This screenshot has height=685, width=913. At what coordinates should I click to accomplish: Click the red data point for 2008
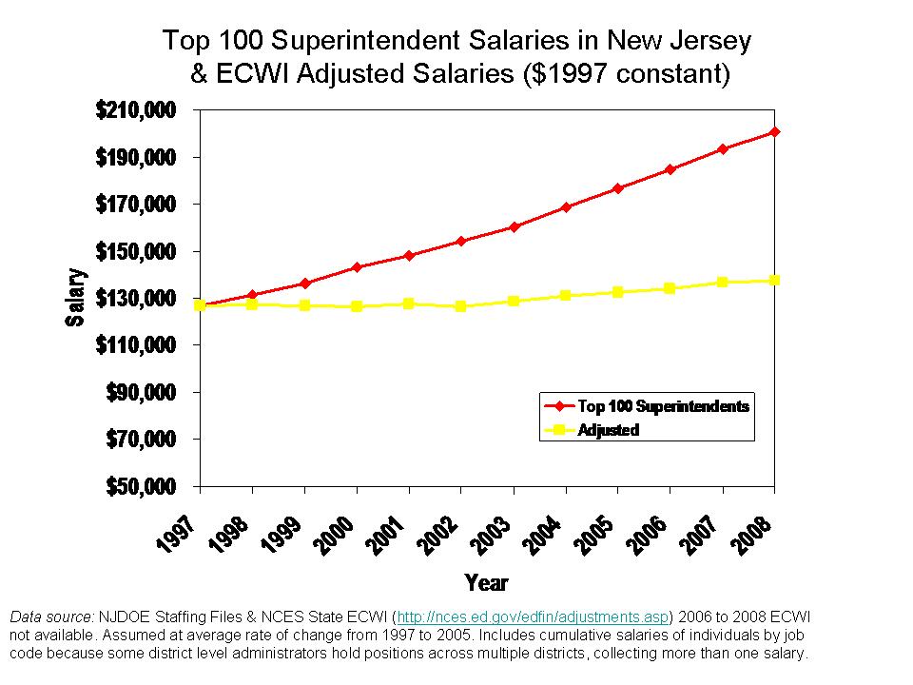(775, 131)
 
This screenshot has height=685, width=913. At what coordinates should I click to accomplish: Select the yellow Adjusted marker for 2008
(775, 280)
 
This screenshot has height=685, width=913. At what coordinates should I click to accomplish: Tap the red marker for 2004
(566, 206)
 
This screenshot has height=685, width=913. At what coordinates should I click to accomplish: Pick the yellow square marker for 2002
(461, 306)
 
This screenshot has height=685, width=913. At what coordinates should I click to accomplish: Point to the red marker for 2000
(357, 267)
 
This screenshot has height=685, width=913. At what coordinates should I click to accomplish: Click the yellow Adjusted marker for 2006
(670, 288)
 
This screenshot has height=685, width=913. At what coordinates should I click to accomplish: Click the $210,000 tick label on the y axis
(136, 110)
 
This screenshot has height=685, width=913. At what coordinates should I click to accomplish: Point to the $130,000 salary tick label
(136, 299)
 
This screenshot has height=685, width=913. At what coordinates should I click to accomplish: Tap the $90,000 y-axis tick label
(142, 393)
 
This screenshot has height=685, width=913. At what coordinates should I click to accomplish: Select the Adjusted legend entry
(608, 430)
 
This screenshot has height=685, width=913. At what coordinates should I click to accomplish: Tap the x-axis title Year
(486, 582)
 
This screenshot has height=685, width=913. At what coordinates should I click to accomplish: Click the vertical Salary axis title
(75, 298)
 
